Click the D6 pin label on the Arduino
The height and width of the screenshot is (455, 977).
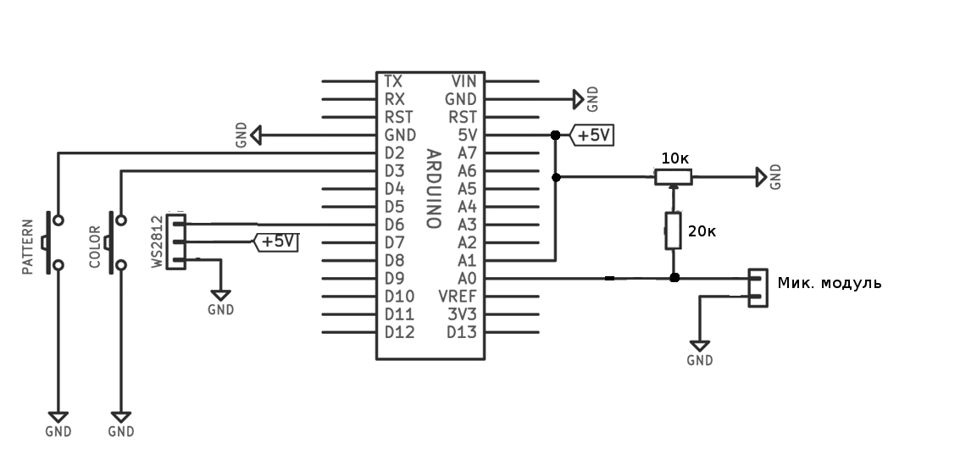click(x=394, y=225)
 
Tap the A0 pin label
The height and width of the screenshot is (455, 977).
click(x=467, y=279)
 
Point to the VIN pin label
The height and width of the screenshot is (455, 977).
click(x=464, y=81)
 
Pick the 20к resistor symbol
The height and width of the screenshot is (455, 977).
click(x=673, y=230)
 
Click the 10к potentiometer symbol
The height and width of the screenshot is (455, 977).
click(x=673, y=177)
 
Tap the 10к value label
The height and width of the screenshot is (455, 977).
click(x=674, y=159)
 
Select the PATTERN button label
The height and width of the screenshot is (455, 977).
click(x=27, y=247)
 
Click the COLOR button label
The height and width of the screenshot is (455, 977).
click(x=95, y=247)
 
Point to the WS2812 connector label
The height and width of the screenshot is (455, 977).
click(x=158, y=241)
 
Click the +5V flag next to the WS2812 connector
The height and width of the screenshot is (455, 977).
click(x=275, y=241)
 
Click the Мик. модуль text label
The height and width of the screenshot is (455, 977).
click(x=830, y=283)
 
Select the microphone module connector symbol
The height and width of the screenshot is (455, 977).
click(x=758, y=287)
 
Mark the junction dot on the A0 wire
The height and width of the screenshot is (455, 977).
click(x=674, y=278)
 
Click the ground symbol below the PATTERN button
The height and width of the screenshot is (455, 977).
click(x=58, y=417)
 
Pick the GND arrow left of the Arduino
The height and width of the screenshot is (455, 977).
click(x=255, y=136)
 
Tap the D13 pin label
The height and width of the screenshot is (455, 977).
click(x=462, y=332)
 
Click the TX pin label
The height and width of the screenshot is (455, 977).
click(x=393, y=81)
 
